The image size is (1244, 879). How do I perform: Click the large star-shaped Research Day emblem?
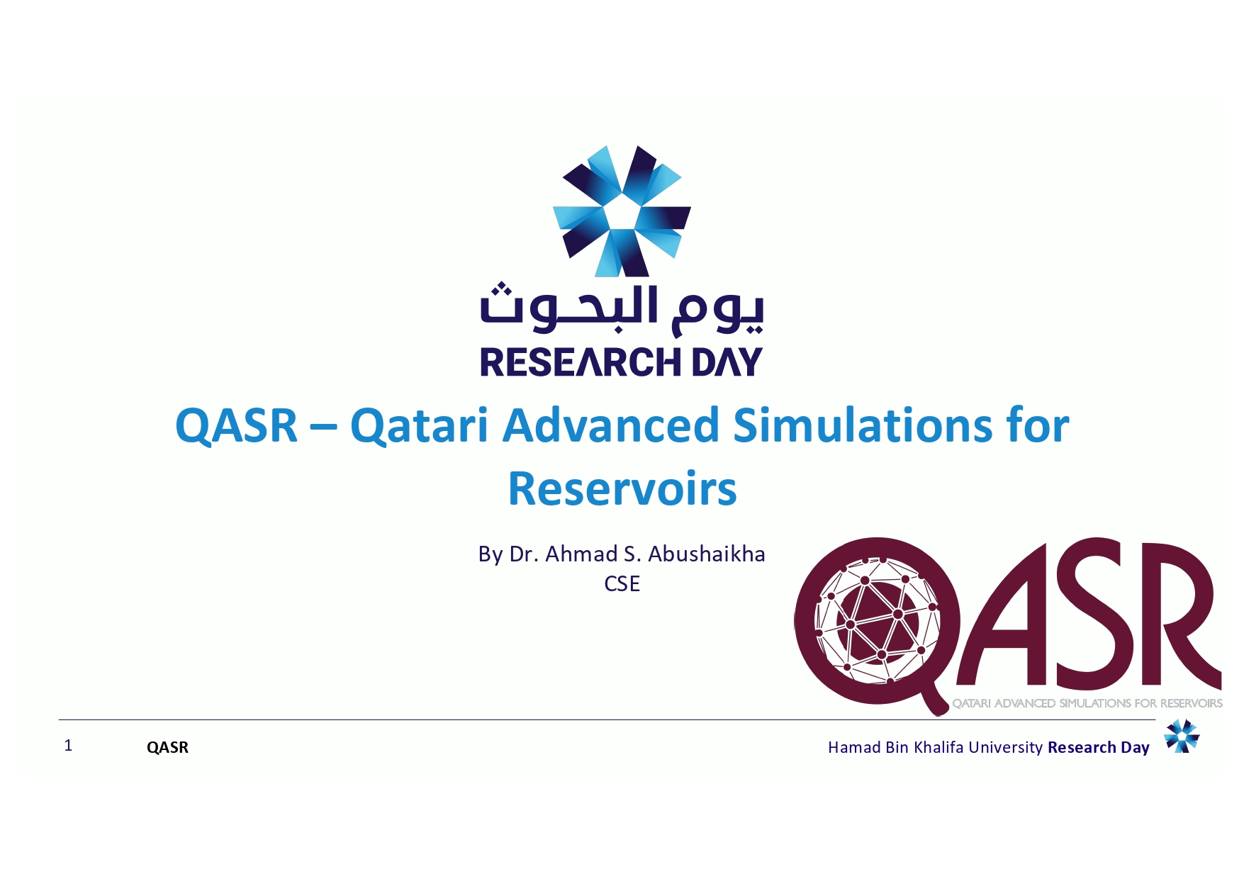[622, 211]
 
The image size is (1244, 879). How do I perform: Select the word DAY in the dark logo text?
[727, 362]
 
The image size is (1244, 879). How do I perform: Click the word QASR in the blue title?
[236, 426]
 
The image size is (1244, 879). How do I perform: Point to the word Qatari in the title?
[419, 425]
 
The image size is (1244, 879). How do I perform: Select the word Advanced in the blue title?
[611, 425]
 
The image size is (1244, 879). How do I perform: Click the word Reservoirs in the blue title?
[622, 488]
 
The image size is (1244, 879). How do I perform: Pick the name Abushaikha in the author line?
[707, 554]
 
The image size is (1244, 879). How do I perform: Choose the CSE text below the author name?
[622, 583]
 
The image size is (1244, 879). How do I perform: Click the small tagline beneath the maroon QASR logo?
[1087, 703]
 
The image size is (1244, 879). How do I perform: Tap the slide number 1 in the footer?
[68, 745]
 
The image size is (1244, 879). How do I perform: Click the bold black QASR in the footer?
[167, 747]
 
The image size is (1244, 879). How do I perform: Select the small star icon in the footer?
[1182, 736]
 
